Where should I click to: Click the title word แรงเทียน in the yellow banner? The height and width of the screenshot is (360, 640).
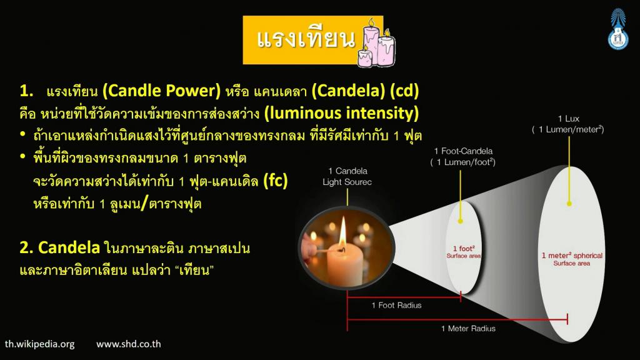pyautogui.click(x=306, y=39)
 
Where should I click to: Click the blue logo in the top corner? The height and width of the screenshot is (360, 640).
pyautogui.click(x=617, y=29)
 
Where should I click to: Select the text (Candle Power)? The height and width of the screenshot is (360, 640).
pyautogui.click(x=162, y=90)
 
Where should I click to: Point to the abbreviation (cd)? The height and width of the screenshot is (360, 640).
pyautogui.click(x=404, y=90)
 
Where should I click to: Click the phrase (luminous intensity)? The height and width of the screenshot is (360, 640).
pyautogui.click(x=342, y=113)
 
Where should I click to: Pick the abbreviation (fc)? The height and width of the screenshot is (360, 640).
pyautogui.click(x=276, y=180)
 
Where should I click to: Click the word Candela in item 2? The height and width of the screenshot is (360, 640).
pyautogui.click(x=69, y=247)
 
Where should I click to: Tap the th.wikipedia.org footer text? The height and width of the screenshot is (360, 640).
pyautogui.click(x=40, y=344)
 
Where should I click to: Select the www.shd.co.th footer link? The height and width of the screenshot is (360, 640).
pyautogui.click(x=129, y=344)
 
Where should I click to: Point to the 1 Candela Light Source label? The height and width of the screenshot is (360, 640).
pyautogui.click(x=347, y=176)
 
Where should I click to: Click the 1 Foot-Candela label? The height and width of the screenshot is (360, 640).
pyautogui.click(x=463, y=156)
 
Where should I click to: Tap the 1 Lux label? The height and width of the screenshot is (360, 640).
pyautogui.click(x=568, y=124)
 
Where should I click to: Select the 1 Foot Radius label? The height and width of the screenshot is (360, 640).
pyautogui.click(x=396, y=305)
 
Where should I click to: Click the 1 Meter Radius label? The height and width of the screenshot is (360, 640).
pyautogui.click(x=468, y=329)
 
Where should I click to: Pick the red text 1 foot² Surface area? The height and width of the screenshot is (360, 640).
pyautogui.click(x=464, y=252)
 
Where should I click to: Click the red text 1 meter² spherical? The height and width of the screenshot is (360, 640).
pyautogui.click(x=572, y=256)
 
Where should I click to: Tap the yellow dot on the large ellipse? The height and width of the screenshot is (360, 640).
pyautogui.click(x=569, y=203)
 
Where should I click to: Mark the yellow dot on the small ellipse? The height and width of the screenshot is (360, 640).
pyautogui.click(x=461, y=221)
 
